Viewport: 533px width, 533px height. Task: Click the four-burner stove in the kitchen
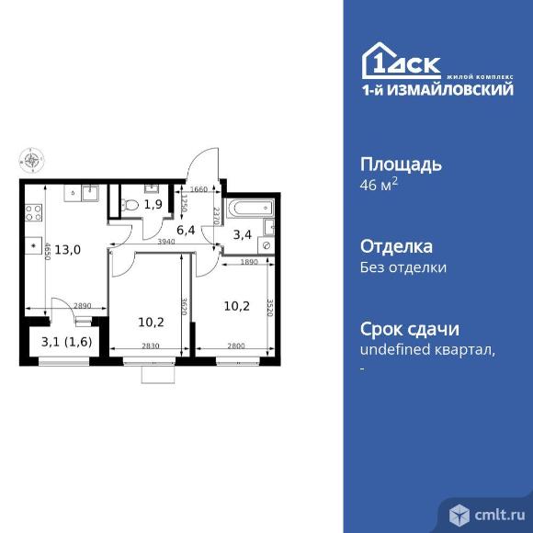tap(34, 214)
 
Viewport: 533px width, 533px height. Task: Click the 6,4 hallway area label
tap(187, 230)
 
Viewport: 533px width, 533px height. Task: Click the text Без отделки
tap(402, 268)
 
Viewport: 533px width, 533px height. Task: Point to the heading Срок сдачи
tap(408, 330)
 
